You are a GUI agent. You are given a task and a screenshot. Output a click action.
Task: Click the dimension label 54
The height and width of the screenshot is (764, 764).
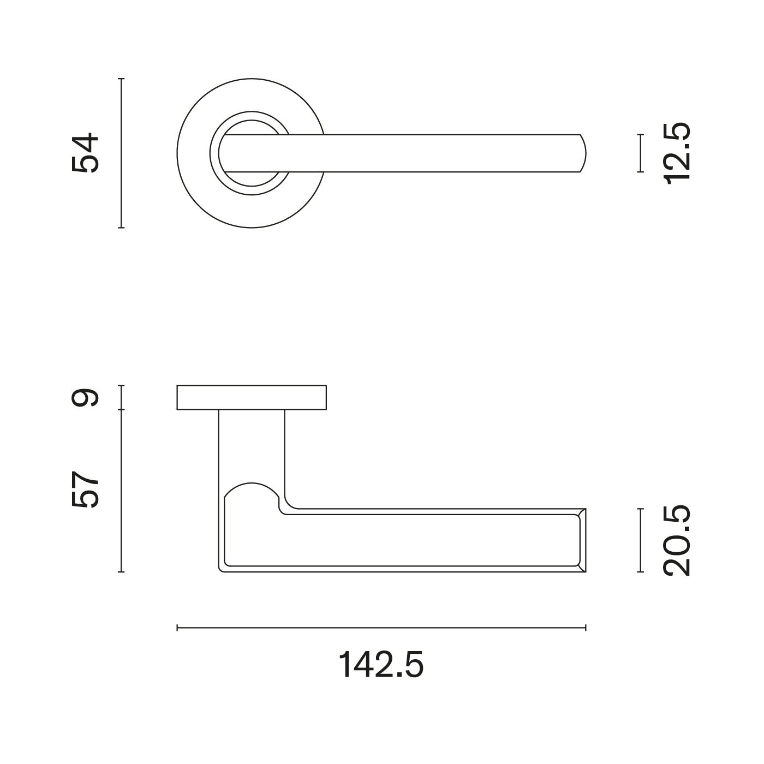click(86, 153)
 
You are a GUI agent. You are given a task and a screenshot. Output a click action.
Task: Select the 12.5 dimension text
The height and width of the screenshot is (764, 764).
click(677, 153)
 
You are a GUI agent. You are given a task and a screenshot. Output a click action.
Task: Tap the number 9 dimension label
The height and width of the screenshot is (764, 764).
click(86, 397)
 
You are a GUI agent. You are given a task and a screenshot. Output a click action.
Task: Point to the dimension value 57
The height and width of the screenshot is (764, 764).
click(86, 490)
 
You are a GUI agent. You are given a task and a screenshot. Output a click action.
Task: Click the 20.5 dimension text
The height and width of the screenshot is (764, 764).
click(677, 540)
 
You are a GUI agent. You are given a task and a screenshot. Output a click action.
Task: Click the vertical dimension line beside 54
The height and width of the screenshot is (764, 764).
click(121, 153)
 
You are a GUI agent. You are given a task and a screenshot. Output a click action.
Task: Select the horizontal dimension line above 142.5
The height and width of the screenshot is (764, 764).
click(381, 628)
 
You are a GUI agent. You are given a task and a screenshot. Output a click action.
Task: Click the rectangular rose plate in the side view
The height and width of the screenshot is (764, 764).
click(252, 397)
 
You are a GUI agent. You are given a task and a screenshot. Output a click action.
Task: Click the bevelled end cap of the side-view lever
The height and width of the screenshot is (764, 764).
click(583, 540)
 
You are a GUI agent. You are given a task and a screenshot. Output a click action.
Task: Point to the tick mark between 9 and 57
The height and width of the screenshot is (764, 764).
click(121, 409)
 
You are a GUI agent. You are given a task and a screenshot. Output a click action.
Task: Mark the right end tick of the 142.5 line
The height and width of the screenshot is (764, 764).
click(586, 628)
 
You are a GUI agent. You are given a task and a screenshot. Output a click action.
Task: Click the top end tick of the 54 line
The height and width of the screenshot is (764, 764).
click(121, 79)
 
